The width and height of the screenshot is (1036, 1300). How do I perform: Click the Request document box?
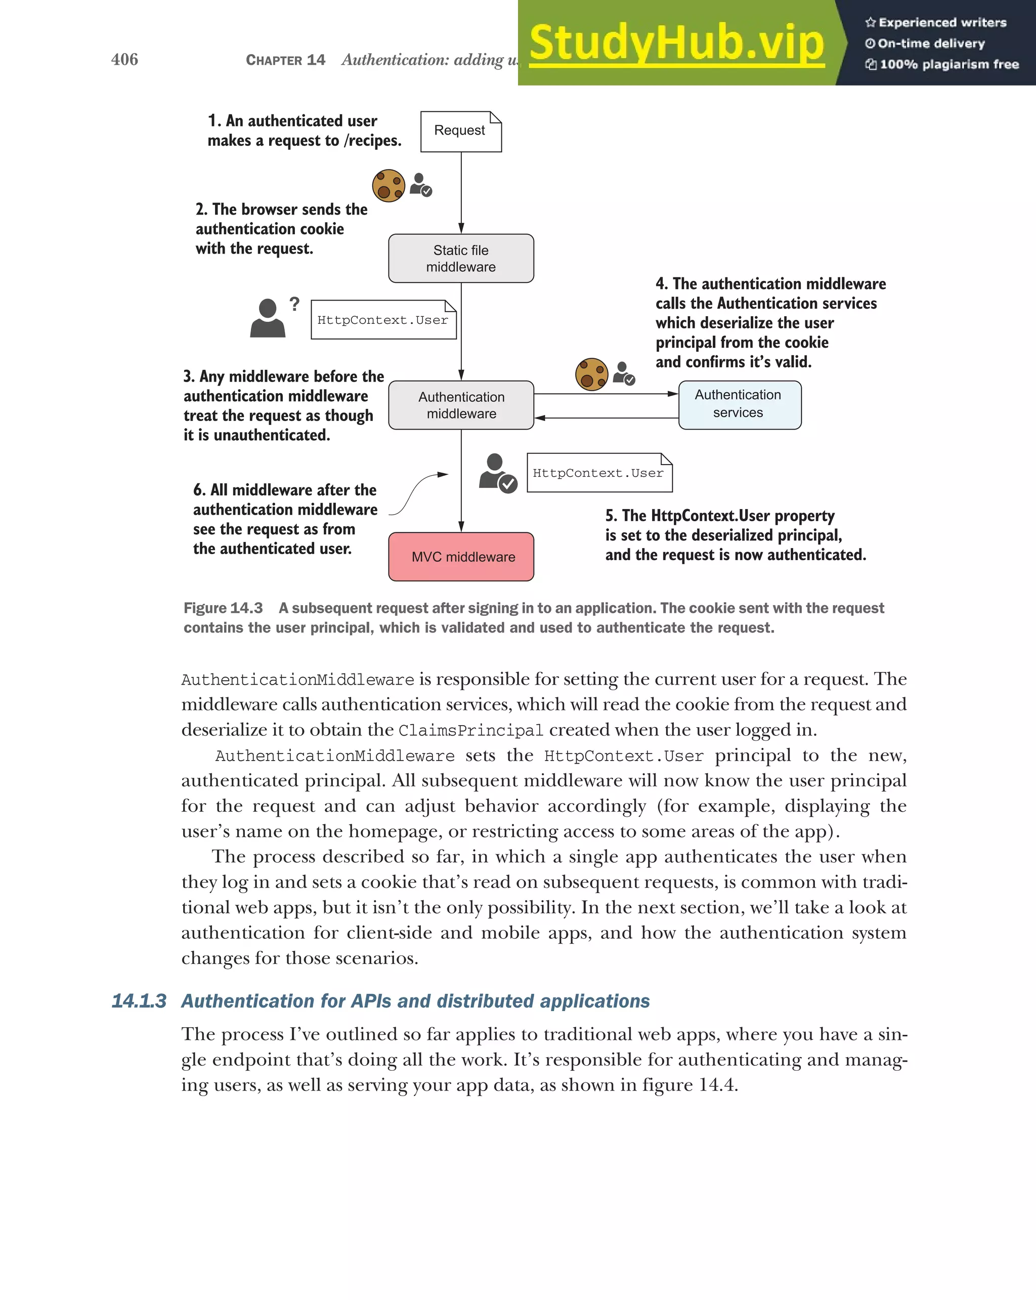point(460,132)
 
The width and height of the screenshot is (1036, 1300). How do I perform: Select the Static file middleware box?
point(461,259)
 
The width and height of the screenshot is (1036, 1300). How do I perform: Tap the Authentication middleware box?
point(461,405)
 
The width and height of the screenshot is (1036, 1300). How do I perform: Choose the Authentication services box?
point(740,405)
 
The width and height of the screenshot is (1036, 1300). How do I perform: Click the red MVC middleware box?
point(461,557)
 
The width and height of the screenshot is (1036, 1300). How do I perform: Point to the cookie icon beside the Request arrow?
point(388,186)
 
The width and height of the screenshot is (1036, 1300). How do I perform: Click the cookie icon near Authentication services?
point(591,374)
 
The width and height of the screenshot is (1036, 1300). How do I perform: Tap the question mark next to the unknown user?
point(294,304)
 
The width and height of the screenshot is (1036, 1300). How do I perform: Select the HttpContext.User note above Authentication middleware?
point(383,320)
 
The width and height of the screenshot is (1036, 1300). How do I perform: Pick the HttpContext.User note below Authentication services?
point(599,473)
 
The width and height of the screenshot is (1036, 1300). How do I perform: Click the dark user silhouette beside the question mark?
point(268,318)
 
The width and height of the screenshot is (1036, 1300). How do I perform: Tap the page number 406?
point(125,59)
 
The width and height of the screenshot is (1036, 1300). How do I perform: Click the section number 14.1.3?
point(139,1001)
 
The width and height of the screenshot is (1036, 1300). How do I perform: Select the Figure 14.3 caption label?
point(223,608)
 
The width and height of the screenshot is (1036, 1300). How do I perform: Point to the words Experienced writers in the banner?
point(942,23)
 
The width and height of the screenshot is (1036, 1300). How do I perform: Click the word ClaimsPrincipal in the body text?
point(470,730)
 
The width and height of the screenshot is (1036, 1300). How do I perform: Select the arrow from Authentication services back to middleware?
point(606,418)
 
